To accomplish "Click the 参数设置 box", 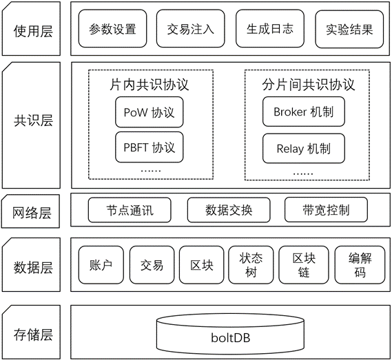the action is pos(112,28).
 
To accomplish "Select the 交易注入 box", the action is pos(191,28).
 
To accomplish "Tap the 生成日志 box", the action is pos(270,28).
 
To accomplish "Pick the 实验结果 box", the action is pos(349,29).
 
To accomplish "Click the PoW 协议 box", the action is pos(149,112).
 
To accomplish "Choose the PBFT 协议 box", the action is pos(149,147).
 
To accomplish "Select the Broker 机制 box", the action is pos(304,112).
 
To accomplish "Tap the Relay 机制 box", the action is pos(304,149).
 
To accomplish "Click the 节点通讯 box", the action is pos(130,210).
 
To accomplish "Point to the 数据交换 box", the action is pos(229,210).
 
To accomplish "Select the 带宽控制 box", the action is pos(327,210).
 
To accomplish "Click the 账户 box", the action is pos(101,265).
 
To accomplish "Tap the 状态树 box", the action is pos(251,265).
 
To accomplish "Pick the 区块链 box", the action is pos(304,265).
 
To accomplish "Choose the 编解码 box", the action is pos(360,265).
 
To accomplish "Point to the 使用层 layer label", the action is pos(33,31).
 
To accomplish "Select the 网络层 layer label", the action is pos(32,213).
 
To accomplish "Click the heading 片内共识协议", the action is pos(149,85).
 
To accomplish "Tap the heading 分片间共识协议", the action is pos(309,85).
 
